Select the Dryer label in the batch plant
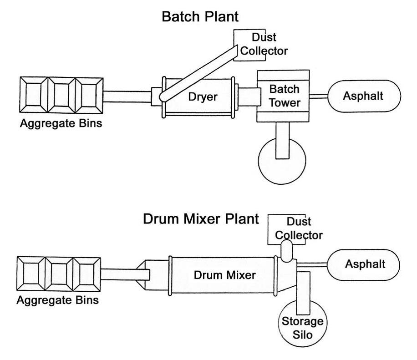tap(203, 96)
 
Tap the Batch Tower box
tap(283, 96)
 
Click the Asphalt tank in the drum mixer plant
tap(365, 264)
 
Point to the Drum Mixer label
tap(224, 275)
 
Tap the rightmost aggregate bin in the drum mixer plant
tap(86, 274)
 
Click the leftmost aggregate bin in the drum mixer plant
tap(31, 274)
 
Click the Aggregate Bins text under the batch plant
tap(61, 123)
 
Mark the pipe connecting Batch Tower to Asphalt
tap(319, 96)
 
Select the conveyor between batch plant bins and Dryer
tap(127, 96)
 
